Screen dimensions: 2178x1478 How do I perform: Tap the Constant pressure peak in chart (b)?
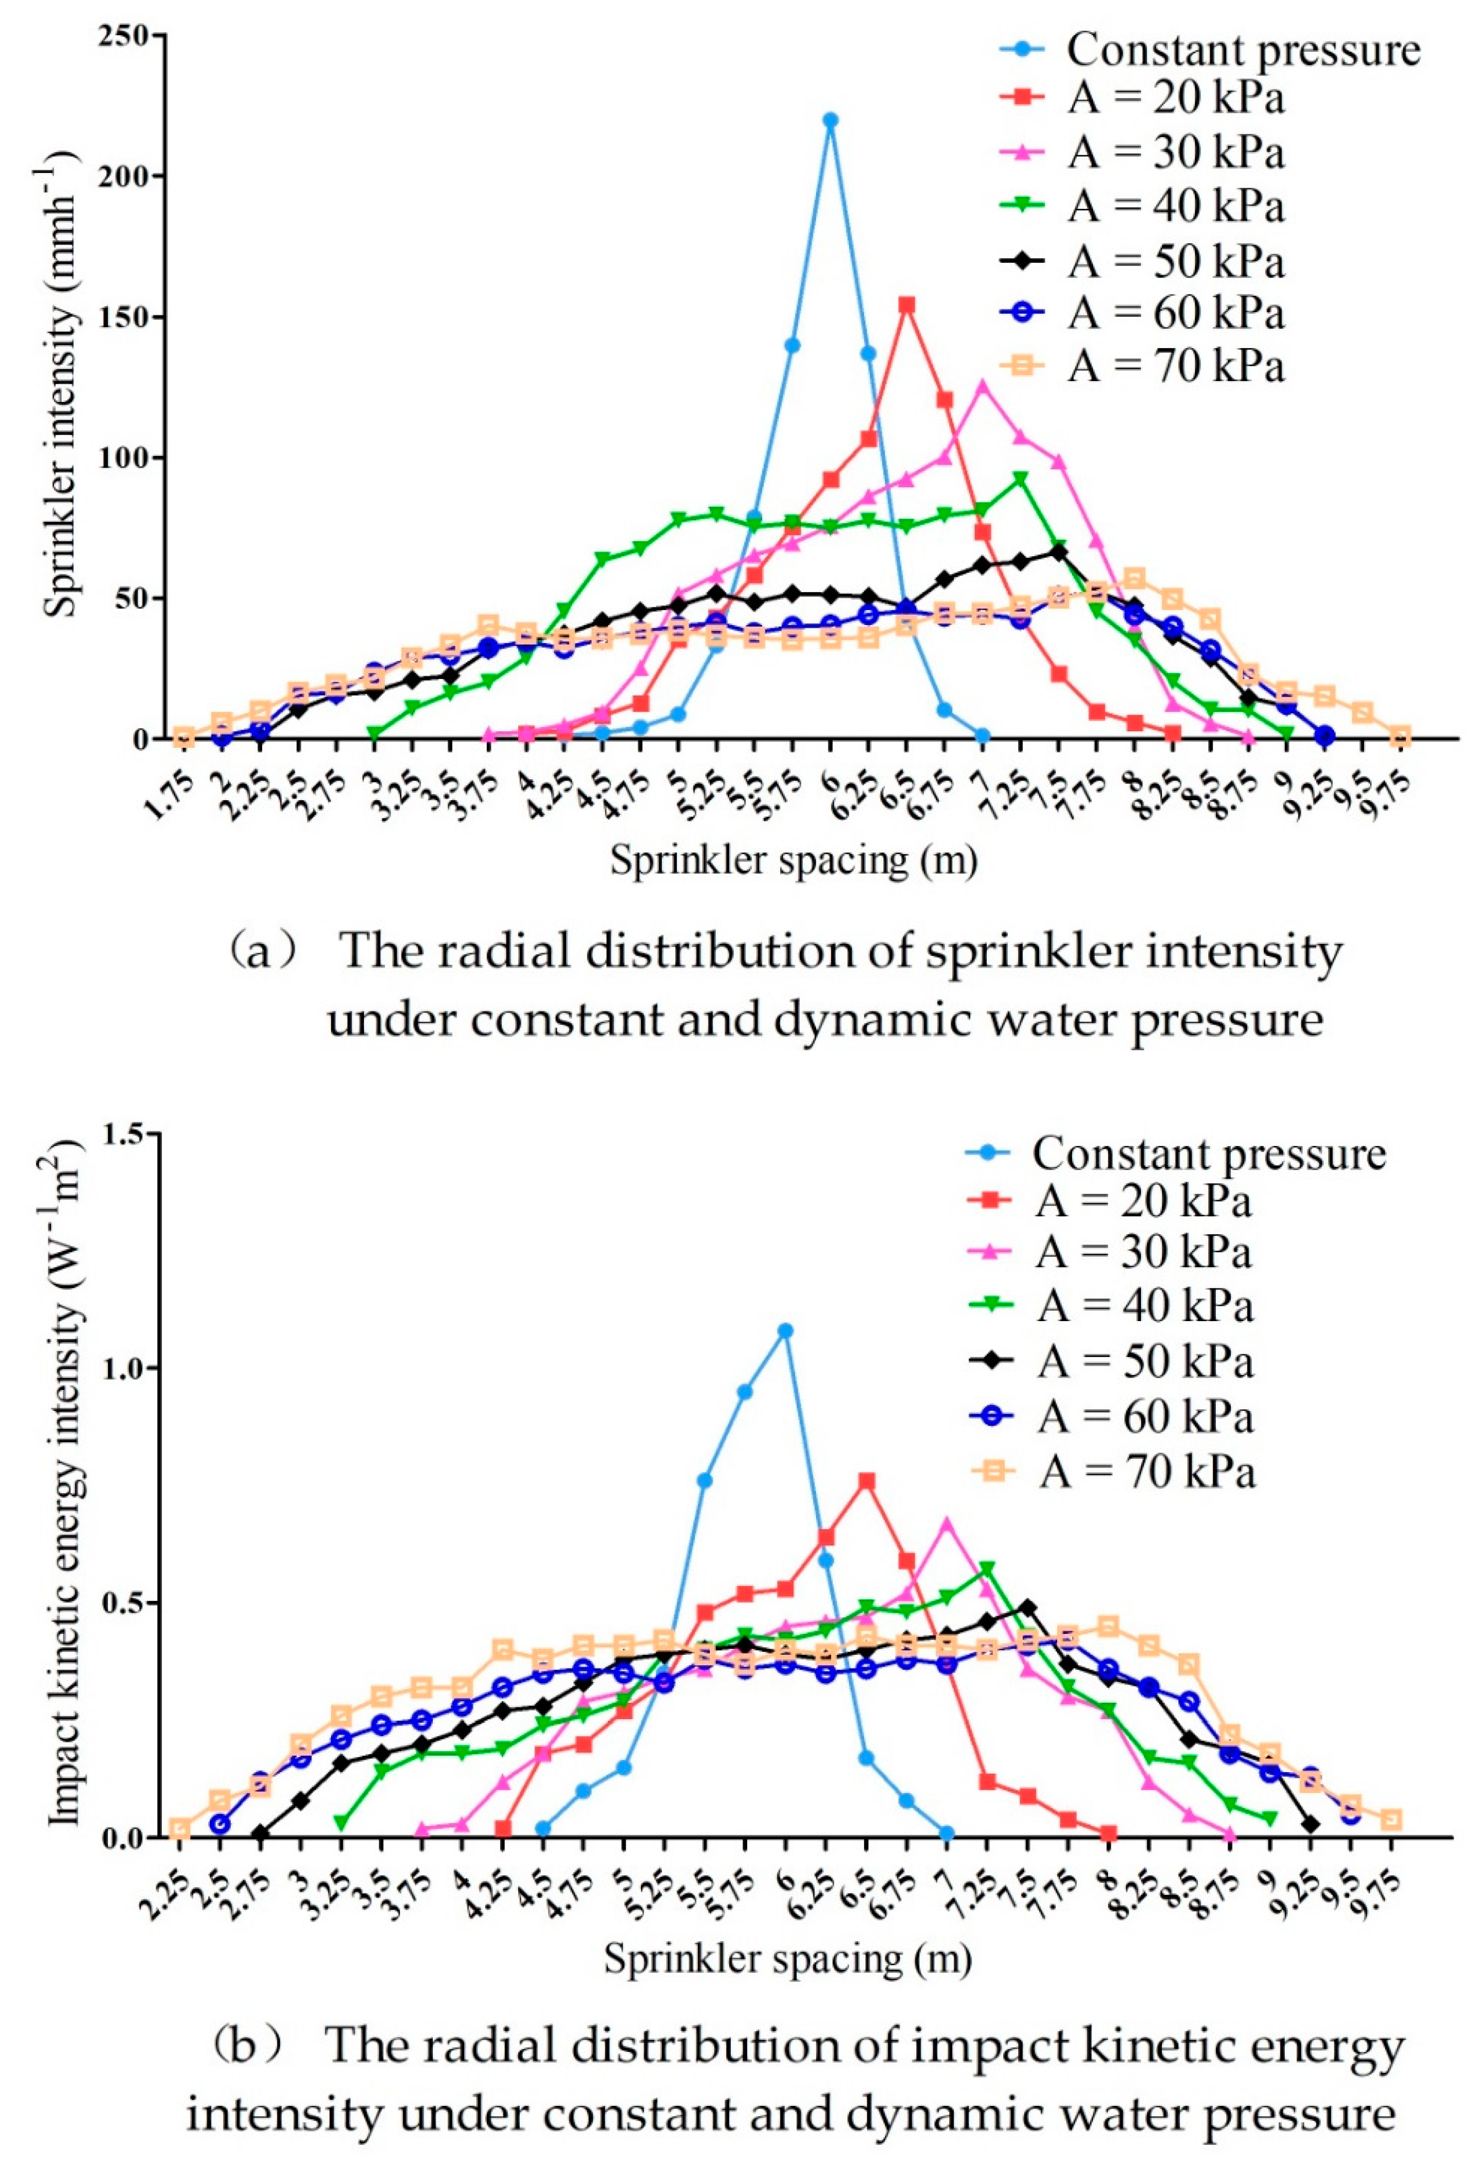(x=785, y=1330)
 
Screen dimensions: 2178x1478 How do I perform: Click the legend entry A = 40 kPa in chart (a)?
(x=1175, y=206)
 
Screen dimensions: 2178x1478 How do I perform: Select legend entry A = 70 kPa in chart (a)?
(x=1175, y=366)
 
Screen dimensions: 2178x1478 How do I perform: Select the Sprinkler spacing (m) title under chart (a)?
(x=793, y=859)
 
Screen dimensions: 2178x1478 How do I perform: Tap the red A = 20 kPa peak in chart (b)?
(x=867, y=1481)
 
